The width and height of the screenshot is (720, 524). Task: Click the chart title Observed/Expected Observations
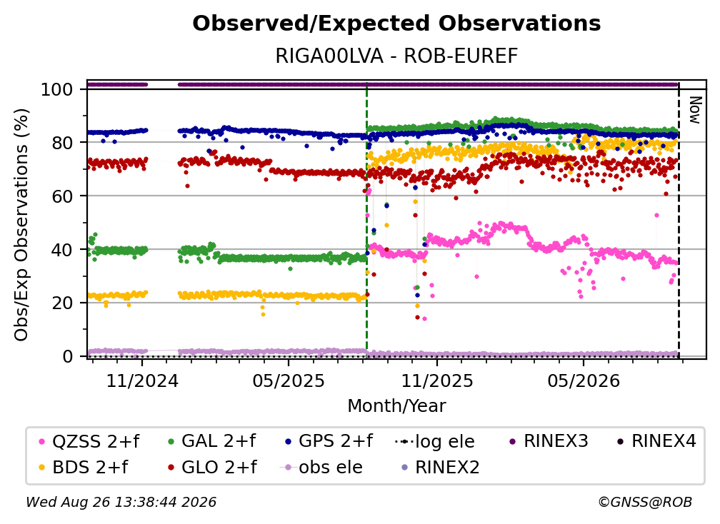click(396, 24)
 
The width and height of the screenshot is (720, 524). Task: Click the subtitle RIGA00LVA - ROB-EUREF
click(396, 56)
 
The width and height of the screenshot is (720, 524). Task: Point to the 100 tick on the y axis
click(57, 89)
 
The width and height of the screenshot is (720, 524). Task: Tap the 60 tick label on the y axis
click(62, 196)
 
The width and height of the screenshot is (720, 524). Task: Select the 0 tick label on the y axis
click(68, 356)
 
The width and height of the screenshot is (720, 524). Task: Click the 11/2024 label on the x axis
click(142, 381)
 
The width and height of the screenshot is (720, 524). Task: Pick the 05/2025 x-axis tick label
click(289, 381)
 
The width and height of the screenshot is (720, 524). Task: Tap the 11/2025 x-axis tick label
click(437, 381)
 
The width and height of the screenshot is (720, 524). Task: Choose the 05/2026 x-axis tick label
click(584, 381)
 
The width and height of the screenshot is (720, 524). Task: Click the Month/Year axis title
click(396, 406)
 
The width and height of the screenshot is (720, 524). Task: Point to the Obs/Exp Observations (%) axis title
click(21, 225)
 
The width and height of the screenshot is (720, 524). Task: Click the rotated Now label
click(695, 110)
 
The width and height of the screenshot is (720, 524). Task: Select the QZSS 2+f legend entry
click(89, 441)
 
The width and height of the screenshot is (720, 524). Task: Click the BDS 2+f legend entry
click(84, 467)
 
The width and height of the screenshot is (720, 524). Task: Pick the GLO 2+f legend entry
click(212, 467)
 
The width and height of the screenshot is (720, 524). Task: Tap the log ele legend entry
click(434, 441)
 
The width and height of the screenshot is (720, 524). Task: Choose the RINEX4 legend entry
click(656, 441)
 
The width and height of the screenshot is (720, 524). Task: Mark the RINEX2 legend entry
click(440, 467)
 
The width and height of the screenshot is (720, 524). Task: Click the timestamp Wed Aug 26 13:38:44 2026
click(121, 502)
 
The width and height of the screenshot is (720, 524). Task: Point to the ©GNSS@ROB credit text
click(645, 502)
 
